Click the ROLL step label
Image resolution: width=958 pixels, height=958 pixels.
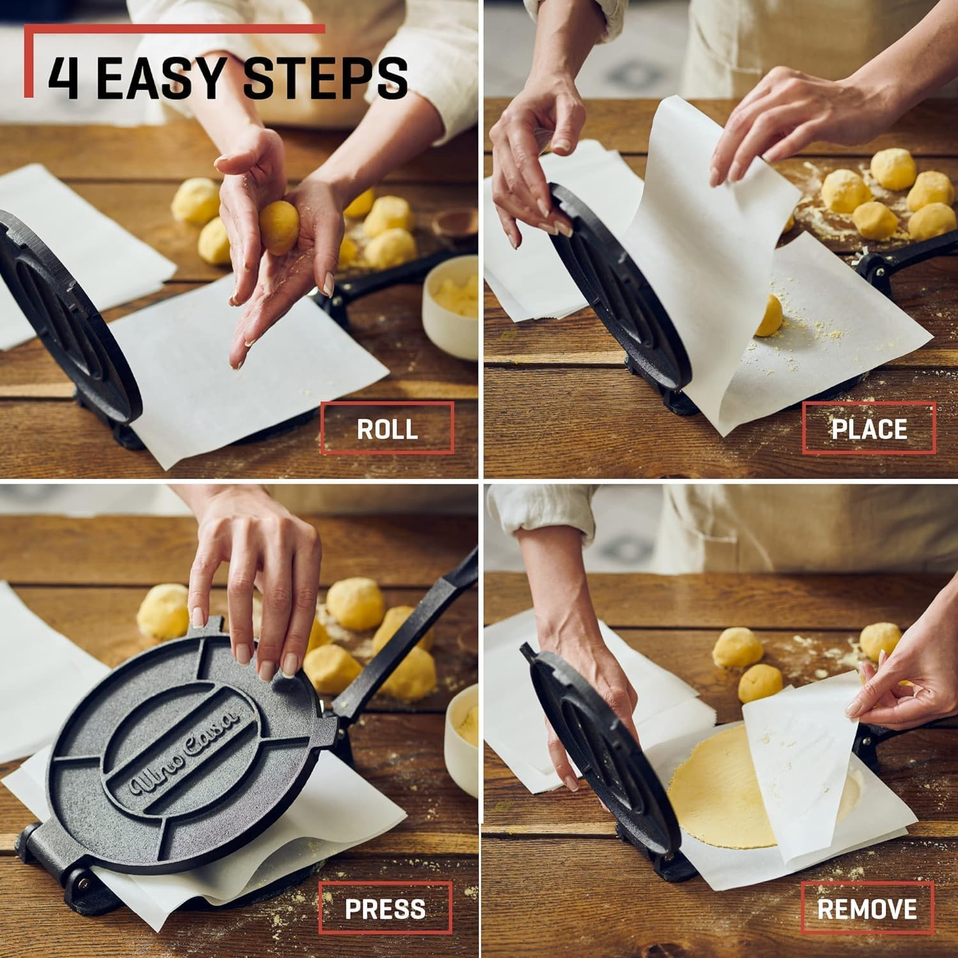coord(387,429)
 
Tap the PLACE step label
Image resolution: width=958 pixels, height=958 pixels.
coord(869,429)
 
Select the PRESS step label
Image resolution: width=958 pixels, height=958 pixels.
coord(385,908)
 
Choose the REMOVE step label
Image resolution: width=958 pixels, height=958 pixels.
coord(867,908)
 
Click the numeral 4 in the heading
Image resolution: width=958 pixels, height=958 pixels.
coord(63,77)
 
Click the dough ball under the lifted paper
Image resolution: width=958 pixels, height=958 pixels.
coord(768,316)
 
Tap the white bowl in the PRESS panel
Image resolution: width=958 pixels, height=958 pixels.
coord(462,734)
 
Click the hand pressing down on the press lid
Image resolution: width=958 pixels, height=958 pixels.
coord(255,588)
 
